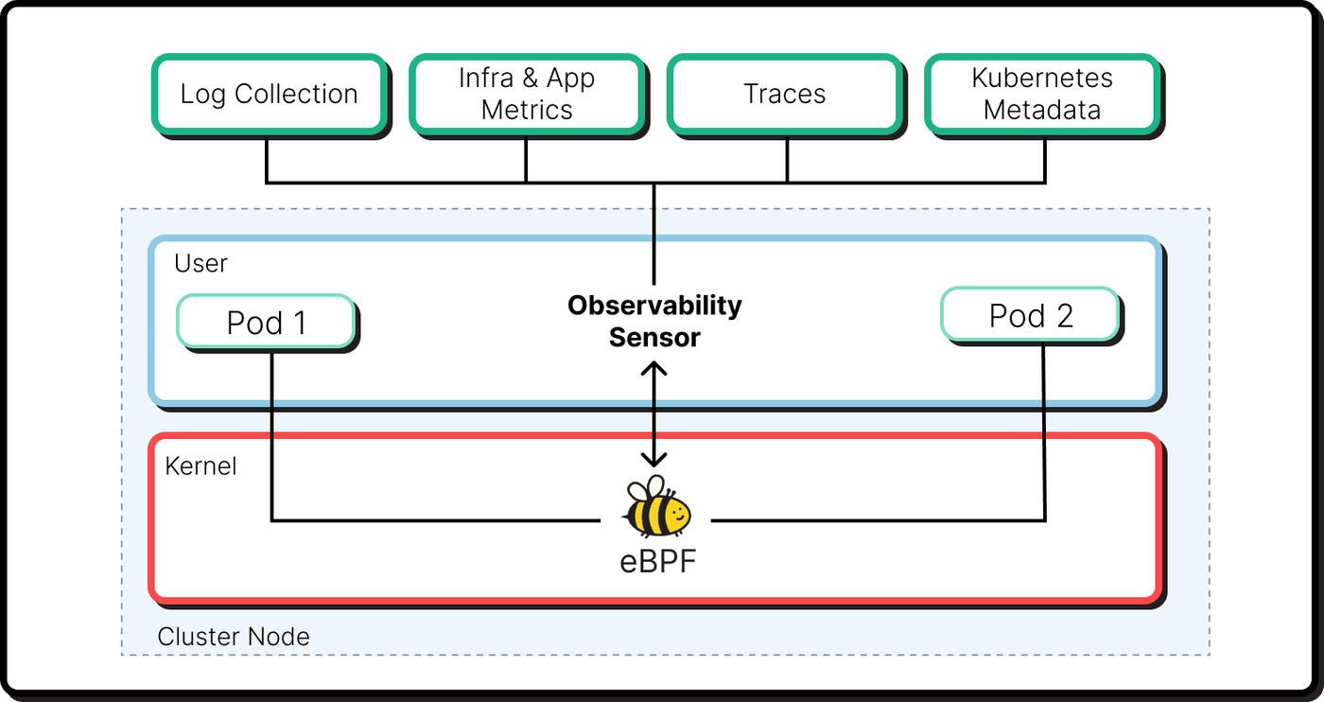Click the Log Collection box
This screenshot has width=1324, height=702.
269,94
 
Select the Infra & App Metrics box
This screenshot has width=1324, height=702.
527,94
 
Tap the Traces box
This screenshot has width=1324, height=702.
784,94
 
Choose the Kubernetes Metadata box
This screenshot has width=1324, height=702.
1042,94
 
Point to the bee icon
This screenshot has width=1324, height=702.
656,506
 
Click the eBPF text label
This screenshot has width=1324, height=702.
658,561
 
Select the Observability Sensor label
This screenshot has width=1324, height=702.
654,321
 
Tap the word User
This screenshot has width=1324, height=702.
200,263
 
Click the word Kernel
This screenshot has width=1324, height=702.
200,466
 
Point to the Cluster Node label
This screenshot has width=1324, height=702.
234,637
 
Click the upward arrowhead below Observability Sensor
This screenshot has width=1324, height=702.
654,369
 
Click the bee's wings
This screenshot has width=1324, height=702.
646,488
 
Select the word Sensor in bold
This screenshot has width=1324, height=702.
654,338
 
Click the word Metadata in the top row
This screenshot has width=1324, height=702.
1042,110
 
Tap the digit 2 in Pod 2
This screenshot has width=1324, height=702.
1065,316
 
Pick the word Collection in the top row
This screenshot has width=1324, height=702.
296,94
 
